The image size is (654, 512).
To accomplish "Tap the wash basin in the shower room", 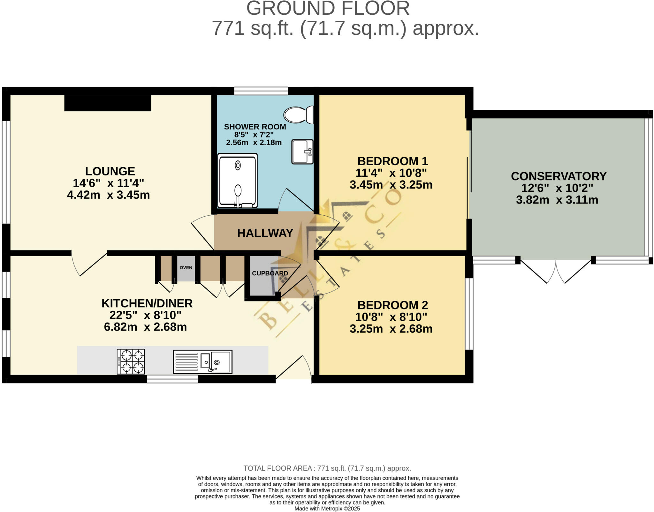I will pos(302,152).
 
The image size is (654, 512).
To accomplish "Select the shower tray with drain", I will pos(238,181).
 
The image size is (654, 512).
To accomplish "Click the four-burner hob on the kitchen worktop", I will pos(131,361).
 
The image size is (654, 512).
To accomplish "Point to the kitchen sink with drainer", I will pos(202,362).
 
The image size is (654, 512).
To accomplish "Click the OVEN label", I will pos(186,267).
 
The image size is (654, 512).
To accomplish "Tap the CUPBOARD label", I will pos(270,273).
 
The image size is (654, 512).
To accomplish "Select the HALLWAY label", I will pos(265,233).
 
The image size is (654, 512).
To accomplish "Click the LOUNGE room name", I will pos(110,171).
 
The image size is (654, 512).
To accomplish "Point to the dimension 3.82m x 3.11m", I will pos(557,200).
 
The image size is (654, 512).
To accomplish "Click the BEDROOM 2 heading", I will pos(392,305).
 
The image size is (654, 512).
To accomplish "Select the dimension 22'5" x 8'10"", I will pos(145,315).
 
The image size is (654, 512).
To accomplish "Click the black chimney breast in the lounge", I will pos(108,103).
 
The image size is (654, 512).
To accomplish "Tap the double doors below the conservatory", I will pos(556,271).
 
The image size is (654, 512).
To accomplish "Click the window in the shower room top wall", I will pos(261,91).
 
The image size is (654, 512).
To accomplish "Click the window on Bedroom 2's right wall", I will pos(469,314).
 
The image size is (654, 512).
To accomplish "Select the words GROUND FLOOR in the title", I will pos(328,8).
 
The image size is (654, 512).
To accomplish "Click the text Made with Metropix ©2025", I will pos(327,508).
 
